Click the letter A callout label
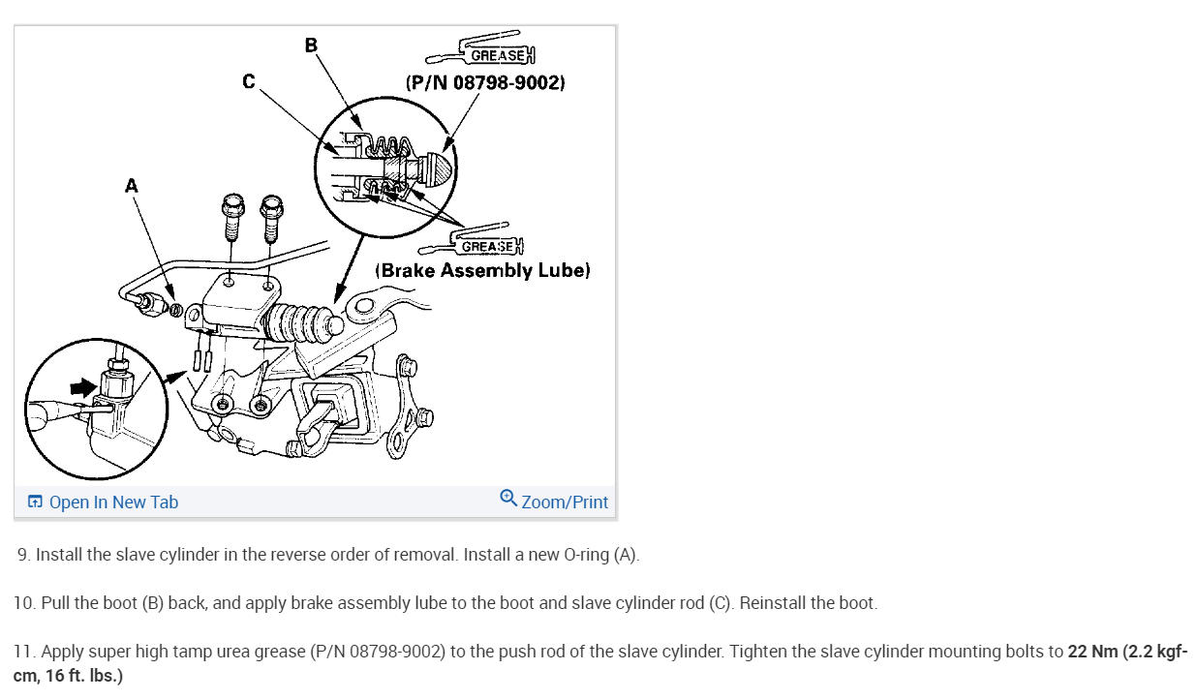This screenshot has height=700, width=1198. [132, 186]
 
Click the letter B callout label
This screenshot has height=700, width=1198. [311, 45]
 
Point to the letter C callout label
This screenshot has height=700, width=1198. [249, 82]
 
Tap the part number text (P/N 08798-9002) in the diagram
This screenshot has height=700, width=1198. [485, 82]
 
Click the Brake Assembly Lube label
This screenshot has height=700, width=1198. [482, 270]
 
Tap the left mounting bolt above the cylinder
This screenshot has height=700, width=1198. [232, 218]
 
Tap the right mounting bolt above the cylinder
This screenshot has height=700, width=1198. [272, 218]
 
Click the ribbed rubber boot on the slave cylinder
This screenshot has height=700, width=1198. [303, 322]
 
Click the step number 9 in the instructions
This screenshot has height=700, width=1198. [23, 556]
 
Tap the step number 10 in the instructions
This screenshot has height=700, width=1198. [24, 603]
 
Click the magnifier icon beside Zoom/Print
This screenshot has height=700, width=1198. [508, 498]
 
